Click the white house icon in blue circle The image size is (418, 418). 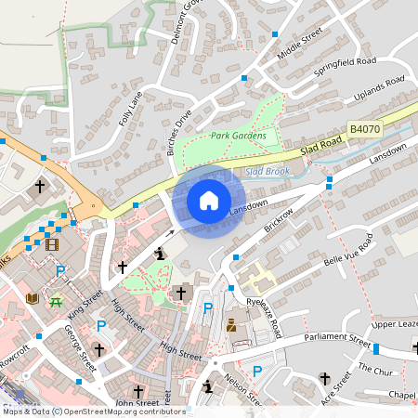click(x=209, y=201)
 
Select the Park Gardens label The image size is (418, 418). click(x=238, y=136)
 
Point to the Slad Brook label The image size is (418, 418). click(x=268, y=171)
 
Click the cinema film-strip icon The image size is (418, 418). click(x=50, y=244)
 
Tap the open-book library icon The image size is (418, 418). click(x=33, y=298)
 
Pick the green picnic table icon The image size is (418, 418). click(x=57, y=300)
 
